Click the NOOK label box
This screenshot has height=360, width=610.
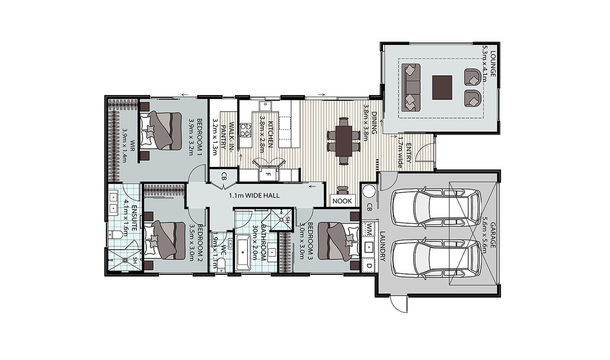point(343,201)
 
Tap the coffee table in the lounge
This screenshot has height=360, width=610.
point(442,87)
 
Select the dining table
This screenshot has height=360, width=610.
point(344,141)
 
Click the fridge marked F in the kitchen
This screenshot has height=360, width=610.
point(268,174)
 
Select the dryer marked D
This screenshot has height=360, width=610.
point(369,265)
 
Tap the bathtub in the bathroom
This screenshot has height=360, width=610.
point(243,253)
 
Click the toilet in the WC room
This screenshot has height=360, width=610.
point(222,265)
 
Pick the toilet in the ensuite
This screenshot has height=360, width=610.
point(115,235)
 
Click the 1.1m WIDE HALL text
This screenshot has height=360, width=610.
point(254,196)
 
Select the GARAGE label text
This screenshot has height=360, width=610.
point(493,235)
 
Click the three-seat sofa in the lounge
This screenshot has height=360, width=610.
point(411,87)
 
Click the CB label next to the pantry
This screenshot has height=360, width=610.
point(224,176)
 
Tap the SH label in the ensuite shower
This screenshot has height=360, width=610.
point(135,260)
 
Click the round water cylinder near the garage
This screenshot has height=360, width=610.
point(369,191)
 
